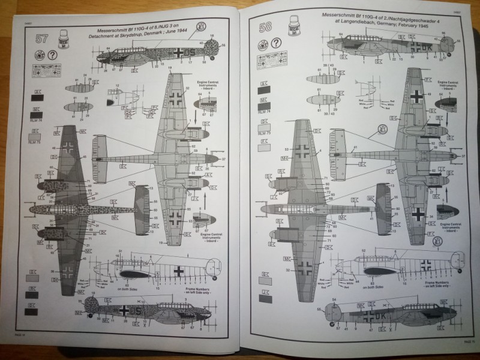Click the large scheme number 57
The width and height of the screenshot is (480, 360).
coord(41,40)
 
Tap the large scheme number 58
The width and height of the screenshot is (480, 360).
coord(265,27)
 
